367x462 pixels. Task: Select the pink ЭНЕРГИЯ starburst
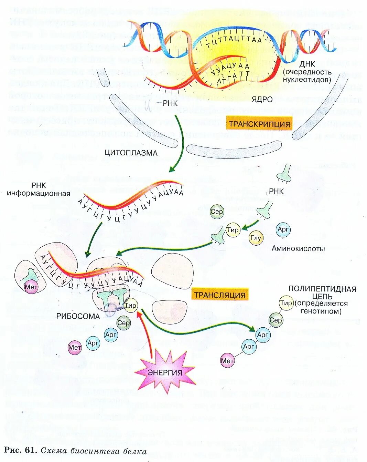coord(165,372)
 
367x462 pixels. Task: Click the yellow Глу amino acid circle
coord(256,238)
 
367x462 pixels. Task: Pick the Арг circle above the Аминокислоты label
coord(283,229)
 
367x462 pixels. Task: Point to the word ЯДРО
coord(262,100)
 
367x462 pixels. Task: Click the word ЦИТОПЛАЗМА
coord(131,153)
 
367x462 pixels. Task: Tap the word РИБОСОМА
coord(78,316)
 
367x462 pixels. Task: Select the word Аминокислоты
coord(298,248)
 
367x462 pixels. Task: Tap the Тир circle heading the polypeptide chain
coord(286,303)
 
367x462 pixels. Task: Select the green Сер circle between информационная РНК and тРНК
coord(217,212)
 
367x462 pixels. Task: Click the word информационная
coord(39,194)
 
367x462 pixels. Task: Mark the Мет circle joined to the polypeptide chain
coord(227,361)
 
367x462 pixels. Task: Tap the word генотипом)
coord(321,311)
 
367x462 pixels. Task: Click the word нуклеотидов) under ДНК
coord(307,80)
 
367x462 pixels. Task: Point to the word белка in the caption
coord(136,451)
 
